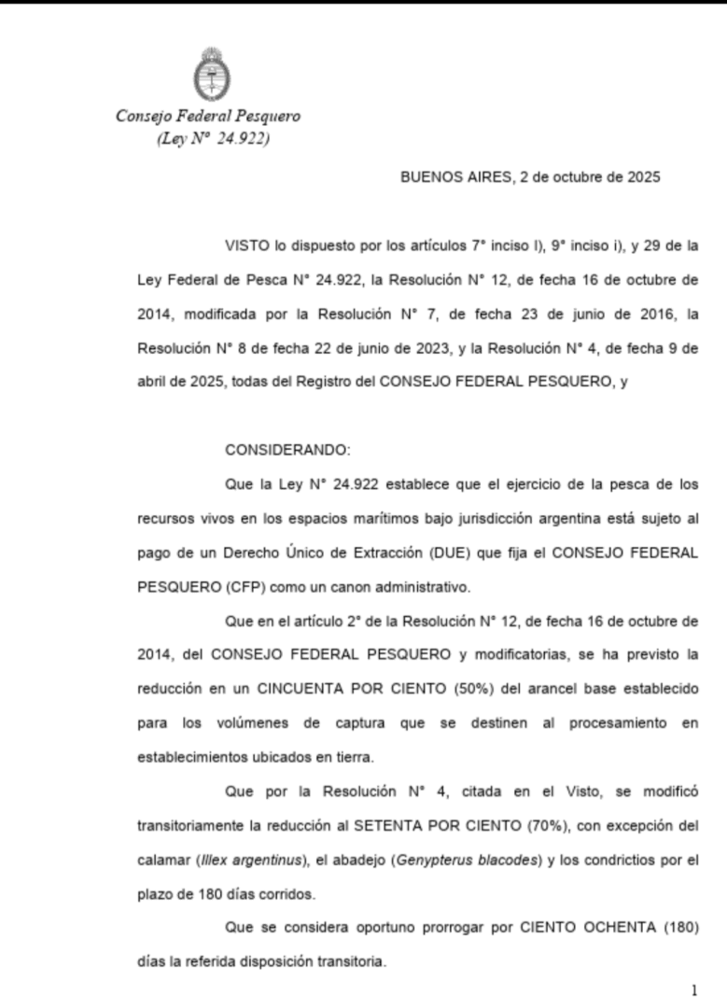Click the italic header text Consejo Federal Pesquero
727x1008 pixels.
208,117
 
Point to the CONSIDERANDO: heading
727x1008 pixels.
287,450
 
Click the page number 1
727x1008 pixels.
694,991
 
